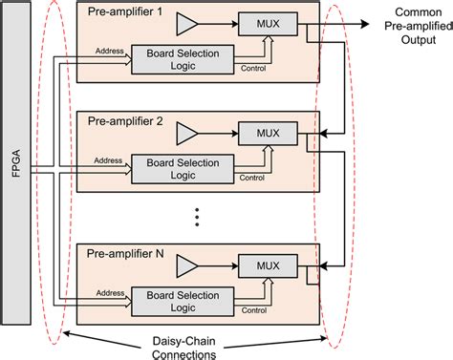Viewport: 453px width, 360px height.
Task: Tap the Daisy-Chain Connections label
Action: point(194,346)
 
